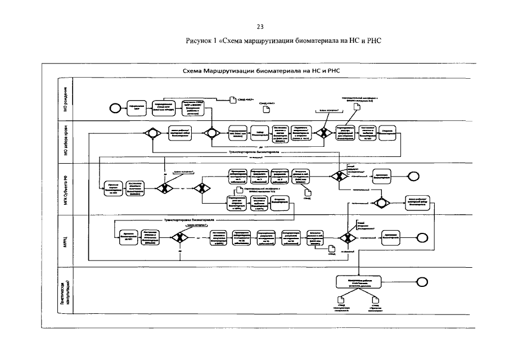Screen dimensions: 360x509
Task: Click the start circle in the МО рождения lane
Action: (114, 107)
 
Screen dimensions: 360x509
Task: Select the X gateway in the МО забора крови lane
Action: (323, 134)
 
